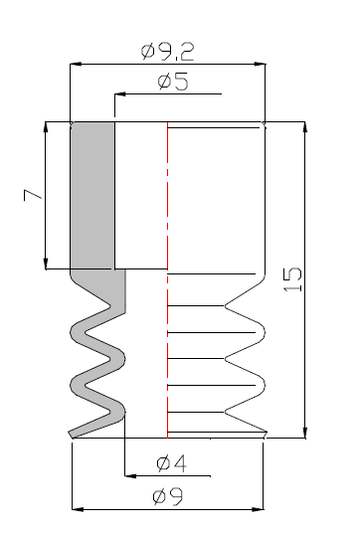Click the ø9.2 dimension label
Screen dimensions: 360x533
click(x=168, y=52)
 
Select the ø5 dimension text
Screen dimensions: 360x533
click(x=173, y=82)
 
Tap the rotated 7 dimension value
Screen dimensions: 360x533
click(x=33, y=195)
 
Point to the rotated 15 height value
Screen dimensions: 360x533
click(x=292, y=279)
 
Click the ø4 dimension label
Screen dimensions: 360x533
click(x=171, y=463)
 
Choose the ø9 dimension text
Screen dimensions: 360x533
click(x=168, y=496)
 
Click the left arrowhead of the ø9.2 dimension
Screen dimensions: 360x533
click(x=76, y=64)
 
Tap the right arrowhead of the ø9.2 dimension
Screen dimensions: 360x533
click(x=260, y=64)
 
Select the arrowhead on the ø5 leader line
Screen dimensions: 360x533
click(x=120, y=93)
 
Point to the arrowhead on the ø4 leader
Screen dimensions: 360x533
click(x=130, y=476)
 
